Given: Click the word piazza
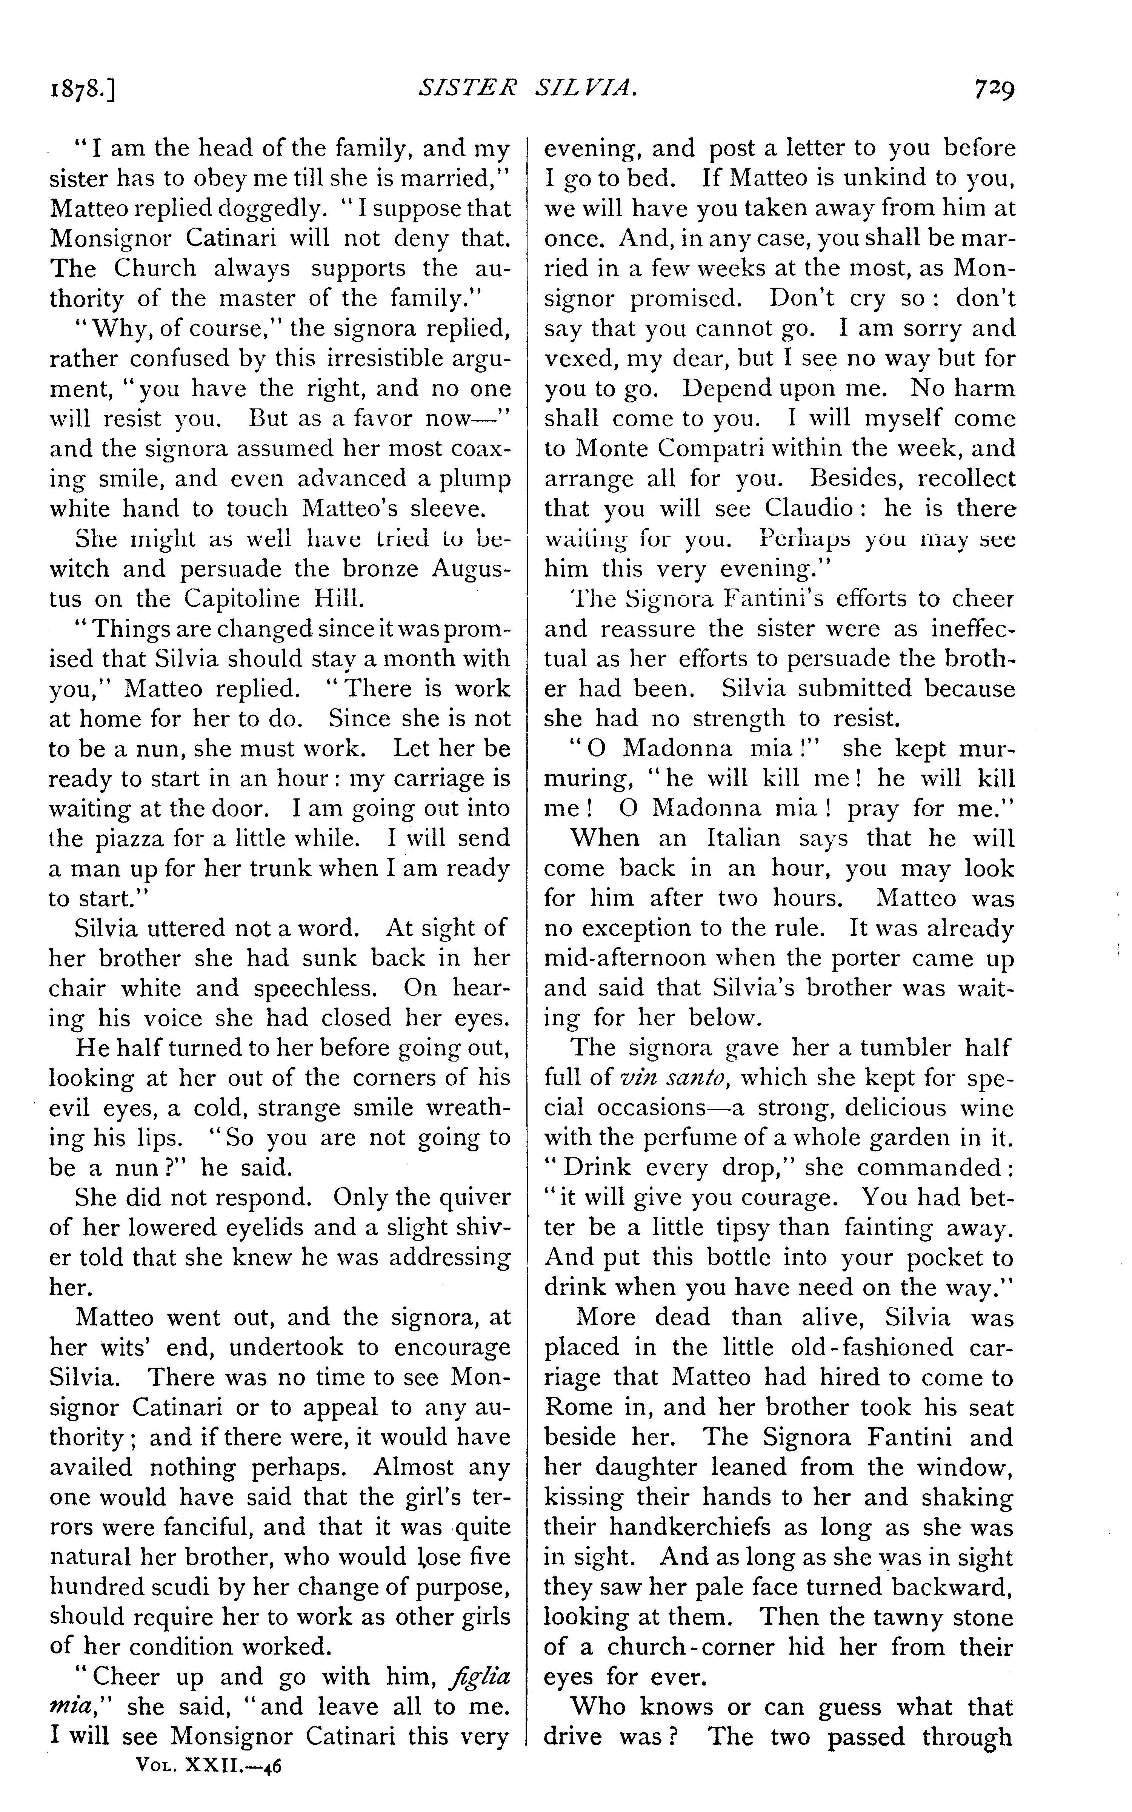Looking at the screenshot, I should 151,838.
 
